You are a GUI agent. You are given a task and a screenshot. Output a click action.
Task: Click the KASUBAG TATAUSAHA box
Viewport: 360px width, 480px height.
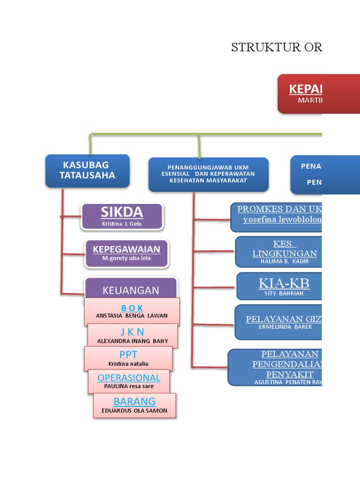87,171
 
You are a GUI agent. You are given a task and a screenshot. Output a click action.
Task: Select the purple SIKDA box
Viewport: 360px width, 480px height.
122,216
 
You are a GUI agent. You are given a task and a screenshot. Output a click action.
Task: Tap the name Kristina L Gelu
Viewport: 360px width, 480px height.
122,224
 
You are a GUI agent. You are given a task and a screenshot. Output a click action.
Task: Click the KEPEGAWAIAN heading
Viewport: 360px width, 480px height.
127,249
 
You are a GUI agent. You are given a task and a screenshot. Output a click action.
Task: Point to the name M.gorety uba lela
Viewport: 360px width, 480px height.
127,258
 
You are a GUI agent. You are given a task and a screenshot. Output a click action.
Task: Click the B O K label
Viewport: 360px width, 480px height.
132,308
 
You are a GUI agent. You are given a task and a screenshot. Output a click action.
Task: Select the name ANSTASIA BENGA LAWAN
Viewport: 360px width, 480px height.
132,316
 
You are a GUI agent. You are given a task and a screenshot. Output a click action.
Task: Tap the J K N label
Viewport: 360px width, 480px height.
132,332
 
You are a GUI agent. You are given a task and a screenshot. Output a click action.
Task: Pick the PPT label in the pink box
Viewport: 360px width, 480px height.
128,354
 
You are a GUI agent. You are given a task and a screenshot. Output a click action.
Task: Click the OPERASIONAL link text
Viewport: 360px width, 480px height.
129,378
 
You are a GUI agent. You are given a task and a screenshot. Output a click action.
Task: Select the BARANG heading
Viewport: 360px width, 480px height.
135,401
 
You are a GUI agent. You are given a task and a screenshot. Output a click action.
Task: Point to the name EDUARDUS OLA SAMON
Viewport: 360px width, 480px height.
135,411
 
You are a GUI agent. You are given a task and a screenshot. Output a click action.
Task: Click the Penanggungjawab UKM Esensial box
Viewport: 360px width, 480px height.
209,174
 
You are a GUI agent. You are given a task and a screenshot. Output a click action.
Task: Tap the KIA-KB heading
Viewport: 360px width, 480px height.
284,283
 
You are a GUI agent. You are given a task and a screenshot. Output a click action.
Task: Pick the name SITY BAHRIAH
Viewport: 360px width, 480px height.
284,293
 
